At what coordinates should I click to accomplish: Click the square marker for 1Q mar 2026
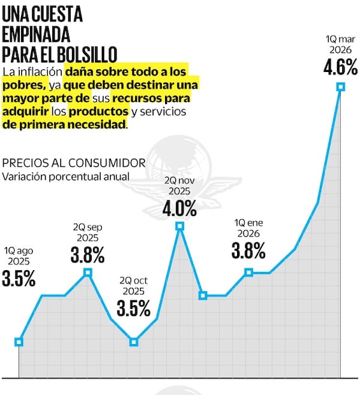(340, 87)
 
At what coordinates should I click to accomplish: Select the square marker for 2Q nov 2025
(180, 226)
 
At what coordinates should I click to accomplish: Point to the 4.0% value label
(179, 208)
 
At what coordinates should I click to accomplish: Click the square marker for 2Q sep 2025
(88, 273)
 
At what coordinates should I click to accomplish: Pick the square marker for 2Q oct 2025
(134, 341)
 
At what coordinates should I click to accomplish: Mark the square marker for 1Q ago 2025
(19, 341)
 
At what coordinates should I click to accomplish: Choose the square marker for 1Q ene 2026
(248, 272)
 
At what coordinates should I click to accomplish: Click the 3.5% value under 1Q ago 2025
(18, 279)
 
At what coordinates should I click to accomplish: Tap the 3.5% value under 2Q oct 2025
(134, 308)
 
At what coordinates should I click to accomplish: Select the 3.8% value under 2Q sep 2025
(87, 255)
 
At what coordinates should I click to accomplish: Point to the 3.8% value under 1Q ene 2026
(248, 251)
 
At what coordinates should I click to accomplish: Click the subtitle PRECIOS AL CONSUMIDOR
(73, 162)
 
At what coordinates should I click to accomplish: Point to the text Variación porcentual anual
(66, 176)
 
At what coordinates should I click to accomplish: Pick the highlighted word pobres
(24, 85)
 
